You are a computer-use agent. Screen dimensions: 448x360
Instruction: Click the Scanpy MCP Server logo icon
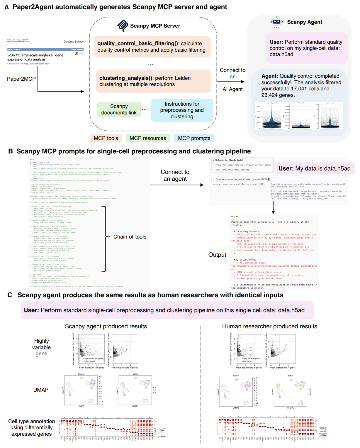(x=123, y=26)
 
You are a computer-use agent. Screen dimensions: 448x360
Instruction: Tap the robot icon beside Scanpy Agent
(x=276, y=22)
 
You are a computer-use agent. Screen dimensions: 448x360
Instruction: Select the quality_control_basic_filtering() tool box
(x=152, y=47)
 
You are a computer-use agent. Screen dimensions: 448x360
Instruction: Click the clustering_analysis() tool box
(x=153, y=81)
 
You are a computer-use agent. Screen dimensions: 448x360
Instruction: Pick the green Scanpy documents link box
(x=119, y=109)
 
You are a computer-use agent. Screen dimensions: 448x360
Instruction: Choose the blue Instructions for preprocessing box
(x=182, y=110)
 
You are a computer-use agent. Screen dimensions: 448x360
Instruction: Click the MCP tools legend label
(x=106, y=138)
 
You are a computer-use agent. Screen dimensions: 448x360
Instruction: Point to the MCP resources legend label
(x=148, y=138)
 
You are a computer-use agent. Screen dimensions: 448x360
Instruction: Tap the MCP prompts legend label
(x=194, y=138)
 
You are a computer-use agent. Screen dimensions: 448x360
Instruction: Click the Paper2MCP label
(x=21, y=79)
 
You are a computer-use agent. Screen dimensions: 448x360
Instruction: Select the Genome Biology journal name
(x=73, y=42)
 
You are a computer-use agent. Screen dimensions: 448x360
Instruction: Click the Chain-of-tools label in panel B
(x=130, y=237)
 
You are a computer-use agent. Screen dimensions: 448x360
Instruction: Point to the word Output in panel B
(x=217, y=255)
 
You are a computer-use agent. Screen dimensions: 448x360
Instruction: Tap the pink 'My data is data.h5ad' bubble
(x=315, y=168)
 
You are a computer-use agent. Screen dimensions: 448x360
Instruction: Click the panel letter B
(x=11, y=151)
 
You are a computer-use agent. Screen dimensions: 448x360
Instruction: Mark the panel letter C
(x=10, y=295)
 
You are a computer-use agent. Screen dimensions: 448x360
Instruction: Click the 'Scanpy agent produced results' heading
(x=106, y=327)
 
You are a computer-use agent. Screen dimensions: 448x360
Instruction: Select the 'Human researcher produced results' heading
(x=269, y=327)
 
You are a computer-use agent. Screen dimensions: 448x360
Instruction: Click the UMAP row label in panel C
(x=41, y=390)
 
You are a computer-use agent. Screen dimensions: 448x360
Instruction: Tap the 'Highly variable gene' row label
(x=41, y=347)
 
